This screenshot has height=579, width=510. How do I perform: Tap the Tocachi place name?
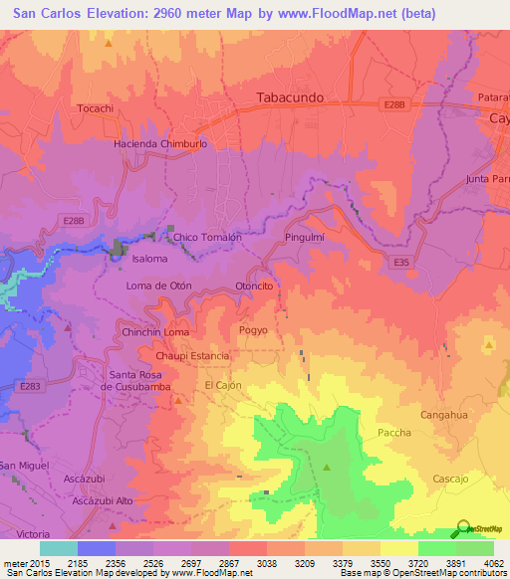point(96,107)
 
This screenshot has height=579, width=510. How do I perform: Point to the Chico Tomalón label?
point(207,238)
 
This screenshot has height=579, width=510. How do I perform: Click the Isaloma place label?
point(149,259)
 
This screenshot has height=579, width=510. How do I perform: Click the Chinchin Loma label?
point(154,331)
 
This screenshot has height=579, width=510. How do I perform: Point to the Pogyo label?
point(254,330)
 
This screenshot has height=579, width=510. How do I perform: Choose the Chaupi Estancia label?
point(192,355)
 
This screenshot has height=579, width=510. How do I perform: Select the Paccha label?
point(393,432)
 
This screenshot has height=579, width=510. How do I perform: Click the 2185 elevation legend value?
point(99,562)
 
